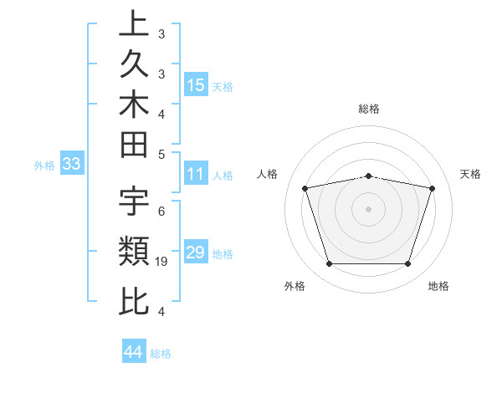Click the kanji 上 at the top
coord(135,24)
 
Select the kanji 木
coord(135,106)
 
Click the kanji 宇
coord(135,201)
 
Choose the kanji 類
coord(135,250)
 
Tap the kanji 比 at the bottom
coord(135,300)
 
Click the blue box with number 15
coord(196,84)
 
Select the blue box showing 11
coord(196,175)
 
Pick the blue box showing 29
coord(196,253)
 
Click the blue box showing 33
coord(71,165)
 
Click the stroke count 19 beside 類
coord(162,262)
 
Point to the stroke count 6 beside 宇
coord(161,211)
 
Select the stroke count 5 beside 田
coord(161,154)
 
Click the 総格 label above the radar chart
coord(369,109)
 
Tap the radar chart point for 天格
coord(433,188)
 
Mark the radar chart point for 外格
coord(329,264)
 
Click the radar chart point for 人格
coord(305,188)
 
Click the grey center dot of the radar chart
coord(369,209)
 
